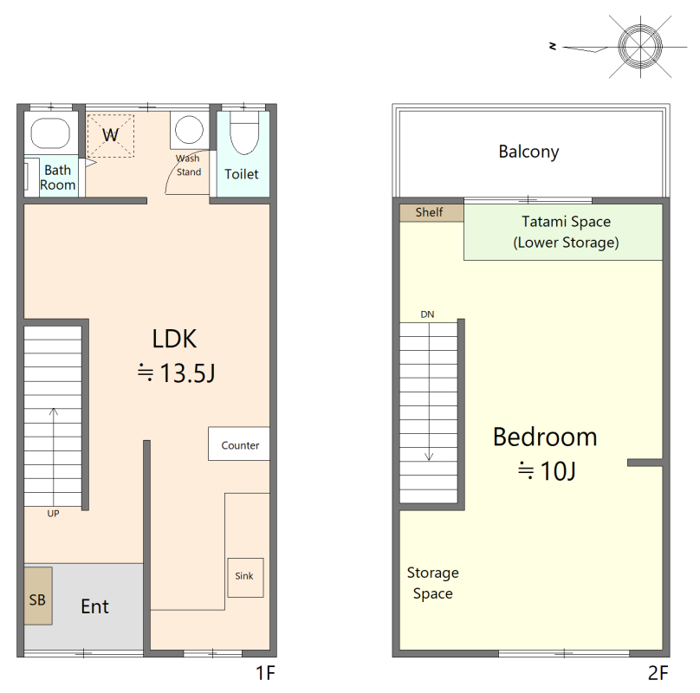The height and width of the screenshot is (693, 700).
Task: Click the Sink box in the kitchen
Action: pos(245,577)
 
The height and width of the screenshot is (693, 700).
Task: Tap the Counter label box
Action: pos(239,444)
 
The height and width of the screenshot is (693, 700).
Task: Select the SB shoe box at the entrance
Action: pos(38,596)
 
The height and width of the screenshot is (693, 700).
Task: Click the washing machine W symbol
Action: pos(111,136)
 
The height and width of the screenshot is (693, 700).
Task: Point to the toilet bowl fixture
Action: pos(244,133)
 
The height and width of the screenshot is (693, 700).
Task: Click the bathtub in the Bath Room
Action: pos(50,133)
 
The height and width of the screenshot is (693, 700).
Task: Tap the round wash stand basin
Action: pos(189,129)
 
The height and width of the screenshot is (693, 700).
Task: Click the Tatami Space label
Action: pos(566,222)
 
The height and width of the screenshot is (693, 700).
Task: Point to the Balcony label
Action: pos(528,152)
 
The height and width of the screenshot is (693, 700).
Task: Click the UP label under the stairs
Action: pos(53,514)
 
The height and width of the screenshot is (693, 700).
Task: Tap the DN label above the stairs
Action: pos(427,314)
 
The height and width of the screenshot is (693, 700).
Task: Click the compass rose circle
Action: pos(640,47)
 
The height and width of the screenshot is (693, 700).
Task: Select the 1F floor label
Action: pos(265,673)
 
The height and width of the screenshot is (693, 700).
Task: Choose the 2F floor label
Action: pos(658,673)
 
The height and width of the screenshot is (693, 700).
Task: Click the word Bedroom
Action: pos(545,437)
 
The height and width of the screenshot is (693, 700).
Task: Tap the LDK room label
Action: pos(174,339)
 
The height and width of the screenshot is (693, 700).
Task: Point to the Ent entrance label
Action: pos(94,606)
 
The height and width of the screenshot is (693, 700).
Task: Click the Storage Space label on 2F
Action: pos(432,583)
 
